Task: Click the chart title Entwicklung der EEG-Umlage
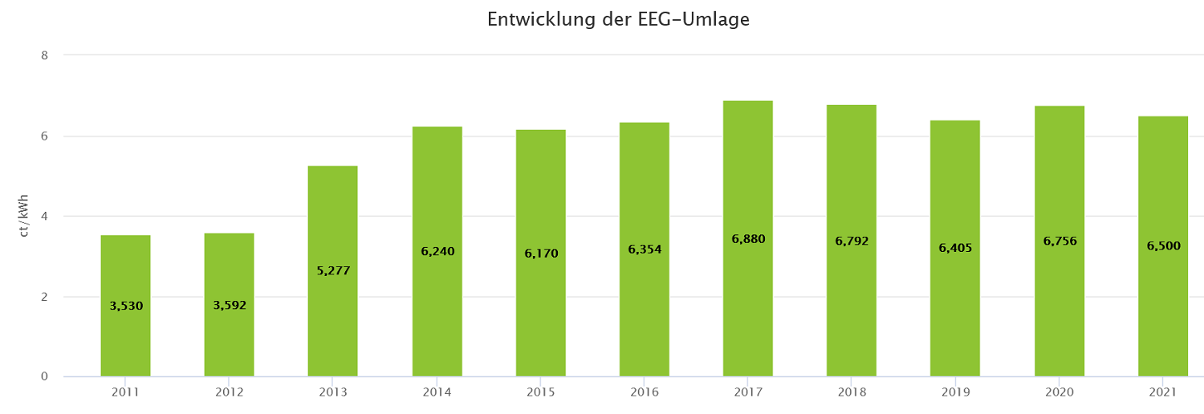click(x=618, y=20)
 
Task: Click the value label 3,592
click(x=229, y=306)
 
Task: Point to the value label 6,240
click(x=437, y=252)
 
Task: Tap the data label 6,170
click(x=540, y=254)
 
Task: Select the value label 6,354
click(x=644, y=250)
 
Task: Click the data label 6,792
click(x=852, y=241)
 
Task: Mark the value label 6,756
click(x=1059, y=241)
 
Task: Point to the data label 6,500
click(x=1163, y=246)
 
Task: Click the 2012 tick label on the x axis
click(x=229, y=392)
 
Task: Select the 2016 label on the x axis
click(x=644, y=392)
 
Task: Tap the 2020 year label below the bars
click(x=1059, y=392)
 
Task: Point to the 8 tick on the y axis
click(x=45, y=55)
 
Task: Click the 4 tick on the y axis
click(x=45, y=217)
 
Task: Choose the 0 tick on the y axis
click(x=45, y=377)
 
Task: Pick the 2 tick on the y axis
click(x=45, y=297)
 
